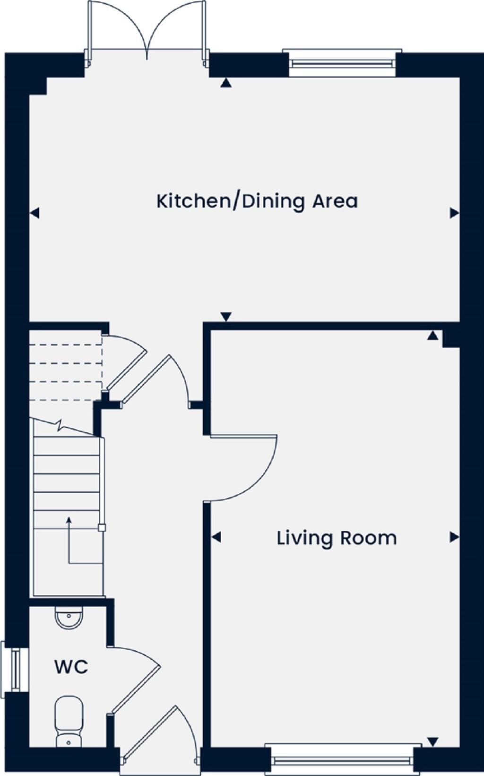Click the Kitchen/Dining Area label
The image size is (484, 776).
click(257, 201)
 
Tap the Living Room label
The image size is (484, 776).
click(337, 538)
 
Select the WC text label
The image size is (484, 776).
click(71, 667)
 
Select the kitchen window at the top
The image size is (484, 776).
click(342, 62)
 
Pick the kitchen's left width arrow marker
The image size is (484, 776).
click(34, 213)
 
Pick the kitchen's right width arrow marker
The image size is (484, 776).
click(455, 213)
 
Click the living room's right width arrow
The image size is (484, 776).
click(455, 537)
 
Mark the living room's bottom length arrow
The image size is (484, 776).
click(432, 741)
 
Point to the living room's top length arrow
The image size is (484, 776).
click(432, 336)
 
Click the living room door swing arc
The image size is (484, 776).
click(265, 478)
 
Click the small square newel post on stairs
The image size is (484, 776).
click(102, 528)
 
